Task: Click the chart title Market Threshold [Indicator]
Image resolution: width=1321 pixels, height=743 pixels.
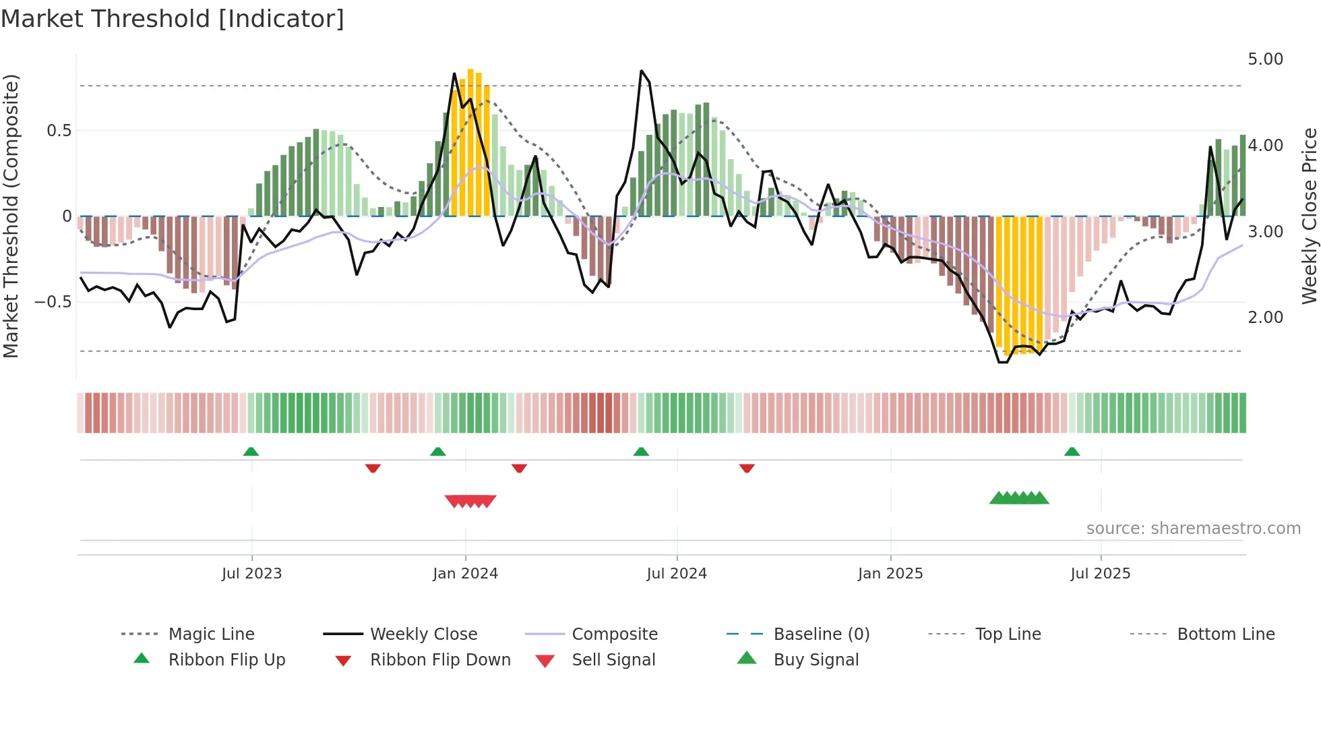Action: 173,19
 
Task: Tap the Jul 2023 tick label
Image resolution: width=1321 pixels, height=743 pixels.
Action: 251,574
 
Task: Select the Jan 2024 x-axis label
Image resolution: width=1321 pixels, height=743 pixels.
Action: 465,574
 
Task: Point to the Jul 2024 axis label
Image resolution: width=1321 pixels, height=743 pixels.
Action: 676,574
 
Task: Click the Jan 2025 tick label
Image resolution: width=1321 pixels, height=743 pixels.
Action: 890,574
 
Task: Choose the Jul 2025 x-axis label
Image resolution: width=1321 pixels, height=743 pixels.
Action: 1100,574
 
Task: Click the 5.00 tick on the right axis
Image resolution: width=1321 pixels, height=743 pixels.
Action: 1265,59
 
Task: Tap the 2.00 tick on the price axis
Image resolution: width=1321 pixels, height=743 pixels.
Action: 1265,318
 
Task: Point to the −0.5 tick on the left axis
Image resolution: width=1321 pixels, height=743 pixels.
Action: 53,301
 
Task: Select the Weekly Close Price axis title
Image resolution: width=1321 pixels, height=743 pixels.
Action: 1309,216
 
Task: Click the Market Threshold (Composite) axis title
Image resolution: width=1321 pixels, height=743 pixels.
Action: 11,216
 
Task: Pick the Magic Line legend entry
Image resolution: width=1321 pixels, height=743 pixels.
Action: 211,634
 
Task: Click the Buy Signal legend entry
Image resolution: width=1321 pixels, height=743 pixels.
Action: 816,660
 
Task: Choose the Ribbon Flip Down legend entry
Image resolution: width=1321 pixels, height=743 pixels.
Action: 440,660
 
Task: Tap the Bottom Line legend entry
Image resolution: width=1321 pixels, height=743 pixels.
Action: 1225,634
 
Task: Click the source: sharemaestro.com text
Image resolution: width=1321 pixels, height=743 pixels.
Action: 1193,529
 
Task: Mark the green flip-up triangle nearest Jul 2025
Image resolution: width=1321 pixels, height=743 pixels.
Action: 1072,452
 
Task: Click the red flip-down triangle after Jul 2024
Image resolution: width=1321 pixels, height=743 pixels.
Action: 746,468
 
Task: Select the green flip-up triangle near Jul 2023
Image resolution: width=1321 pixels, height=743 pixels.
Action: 251,452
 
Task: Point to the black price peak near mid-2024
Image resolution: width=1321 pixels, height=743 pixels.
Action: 641,71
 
